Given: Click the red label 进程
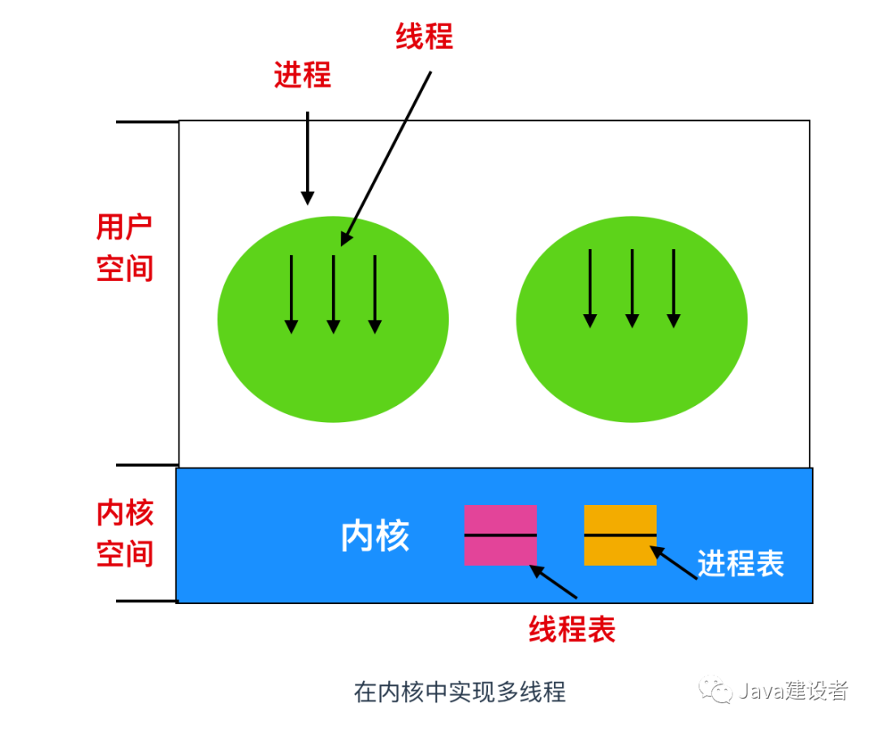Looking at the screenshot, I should click(302, 75).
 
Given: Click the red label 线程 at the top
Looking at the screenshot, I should click(424, 37).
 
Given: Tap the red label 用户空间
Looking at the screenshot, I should click(125, 248).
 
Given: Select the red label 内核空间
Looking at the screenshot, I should click(125, 534).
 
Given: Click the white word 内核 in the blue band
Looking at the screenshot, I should click(375, 537).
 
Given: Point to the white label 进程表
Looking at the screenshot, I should click(741, 563).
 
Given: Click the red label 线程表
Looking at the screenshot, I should click(572, 629).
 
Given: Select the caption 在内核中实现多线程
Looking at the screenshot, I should click(460, 692).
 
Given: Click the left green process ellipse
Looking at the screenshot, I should click(333, 373).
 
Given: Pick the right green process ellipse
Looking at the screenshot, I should click(632, 373).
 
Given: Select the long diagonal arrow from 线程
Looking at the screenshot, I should click(387, 157).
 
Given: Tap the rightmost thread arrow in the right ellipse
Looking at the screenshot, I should click(673, 288).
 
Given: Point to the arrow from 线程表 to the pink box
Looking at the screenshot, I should click(554, 581).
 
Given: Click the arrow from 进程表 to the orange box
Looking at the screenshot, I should click(674, 563).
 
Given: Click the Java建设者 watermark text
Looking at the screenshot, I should click(793, 691).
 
